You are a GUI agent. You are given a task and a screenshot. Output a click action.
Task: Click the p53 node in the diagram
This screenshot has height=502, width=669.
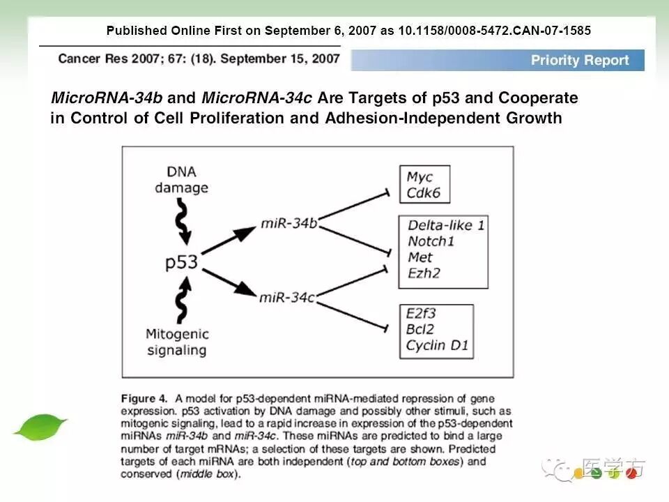pos(182,262)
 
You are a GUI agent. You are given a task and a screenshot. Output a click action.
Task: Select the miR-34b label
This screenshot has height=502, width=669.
pos(288,223)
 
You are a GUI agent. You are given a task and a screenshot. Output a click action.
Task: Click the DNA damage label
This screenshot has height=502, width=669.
pos(181,180)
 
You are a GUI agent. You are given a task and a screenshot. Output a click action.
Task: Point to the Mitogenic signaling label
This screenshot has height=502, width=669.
pos(177,342)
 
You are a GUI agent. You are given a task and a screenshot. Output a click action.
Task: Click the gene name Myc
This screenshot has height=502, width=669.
pos(420,177)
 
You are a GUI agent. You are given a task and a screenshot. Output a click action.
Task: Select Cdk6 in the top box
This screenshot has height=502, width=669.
pos(424,192)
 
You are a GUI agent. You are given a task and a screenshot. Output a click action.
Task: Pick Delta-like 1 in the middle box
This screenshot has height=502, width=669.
pos(446,225)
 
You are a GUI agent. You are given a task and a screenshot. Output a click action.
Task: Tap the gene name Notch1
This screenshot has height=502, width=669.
pos(431,241)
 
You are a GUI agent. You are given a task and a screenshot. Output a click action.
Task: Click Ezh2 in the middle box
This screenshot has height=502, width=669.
pos(424,273)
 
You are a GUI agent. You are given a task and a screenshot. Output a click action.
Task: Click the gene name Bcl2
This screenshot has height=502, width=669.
pos(422,329)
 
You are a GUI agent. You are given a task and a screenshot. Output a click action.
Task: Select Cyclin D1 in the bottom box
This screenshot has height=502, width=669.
pos(437,344)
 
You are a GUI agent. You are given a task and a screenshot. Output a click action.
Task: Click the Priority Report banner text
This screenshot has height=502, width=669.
pos(580,60)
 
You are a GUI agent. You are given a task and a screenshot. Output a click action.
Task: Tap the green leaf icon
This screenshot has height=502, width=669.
pos(40,427)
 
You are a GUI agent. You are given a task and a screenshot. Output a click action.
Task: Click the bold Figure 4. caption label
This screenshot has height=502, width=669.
pos(144,399)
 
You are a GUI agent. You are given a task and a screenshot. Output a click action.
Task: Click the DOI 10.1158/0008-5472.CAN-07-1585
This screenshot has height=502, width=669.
pos(494,31)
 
